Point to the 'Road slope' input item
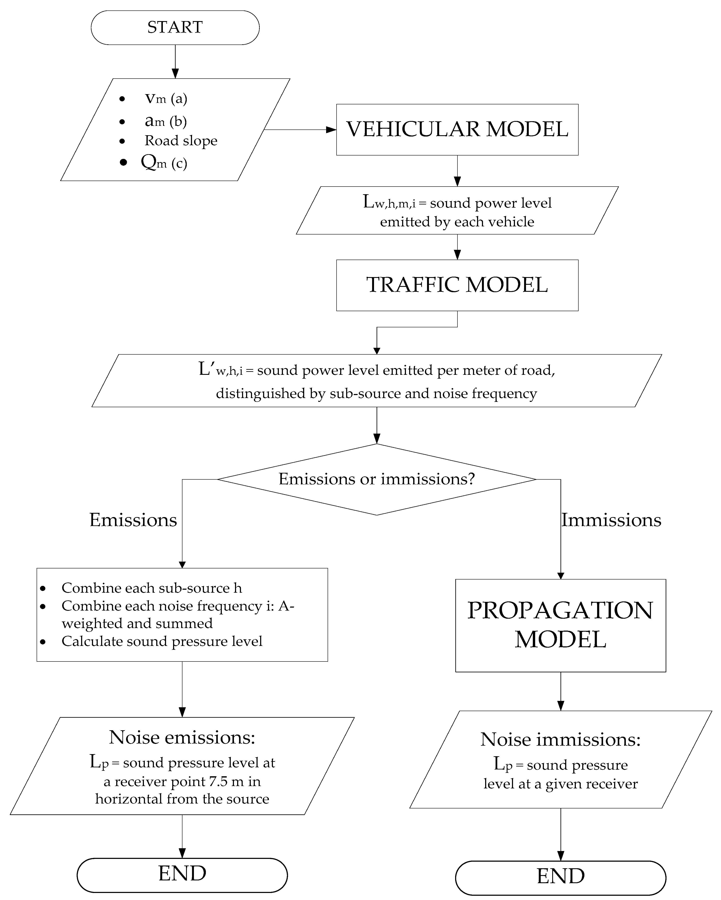click(x=181, y=141)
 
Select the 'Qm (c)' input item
click(x=164, y=162)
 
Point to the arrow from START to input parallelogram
click(x=175, y=62)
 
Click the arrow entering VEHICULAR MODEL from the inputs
click(x=300, y=130)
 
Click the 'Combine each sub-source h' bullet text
click(x=152, y=588)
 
